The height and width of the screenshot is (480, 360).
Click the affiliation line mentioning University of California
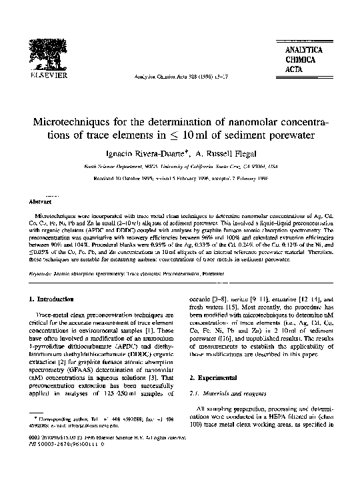[x=179, y=169]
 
